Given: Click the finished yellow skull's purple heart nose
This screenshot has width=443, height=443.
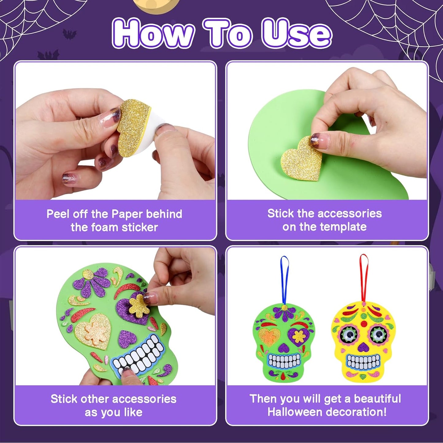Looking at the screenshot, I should [x=363, y=347].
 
